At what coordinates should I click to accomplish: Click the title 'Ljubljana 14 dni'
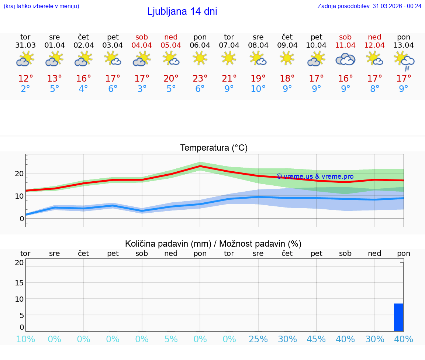tap(182, 11)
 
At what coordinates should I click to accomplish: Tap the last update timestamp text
tap(369, 6)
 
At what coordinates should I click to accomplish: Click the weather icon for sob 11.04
tap(345, 59)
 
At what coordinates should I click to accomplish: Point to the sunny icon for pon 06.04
tap(200, 58)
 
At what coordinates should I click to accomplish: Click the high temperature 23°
tap(200, 79)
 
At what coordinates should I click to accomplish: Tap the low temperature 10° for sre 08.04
tap(258, 89)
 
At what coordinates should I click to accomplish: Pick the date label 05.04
tap(171, 45)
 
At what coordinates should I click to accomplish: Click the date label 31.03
tap(25, 45)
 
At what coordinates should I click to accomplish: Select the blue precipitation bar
tap(398, 317)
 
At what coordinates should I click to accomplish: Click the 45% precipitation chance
tap(316, 339)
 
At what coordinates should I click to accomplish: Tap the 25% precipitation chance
tap(258, 339)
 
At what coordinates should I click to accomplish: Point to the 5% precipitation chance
tap(171, 339)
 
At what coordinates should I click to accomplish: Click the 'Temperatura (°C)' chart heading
tap(214, 148)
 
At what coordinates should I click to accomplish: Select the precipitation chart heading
tap(213, 244)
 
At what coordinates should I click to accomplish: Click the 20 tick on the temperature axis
tap(19, 174)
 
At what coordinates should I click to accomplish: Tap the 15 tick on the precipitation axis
tap(19, 283)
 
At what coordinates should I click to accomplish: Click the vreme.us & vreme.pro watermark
tap(315, 176)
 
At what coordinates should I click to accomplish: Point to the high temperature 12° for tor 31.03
tap(25, 79)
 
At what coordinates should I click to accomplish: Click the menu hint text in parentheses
tap(41, 6)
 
